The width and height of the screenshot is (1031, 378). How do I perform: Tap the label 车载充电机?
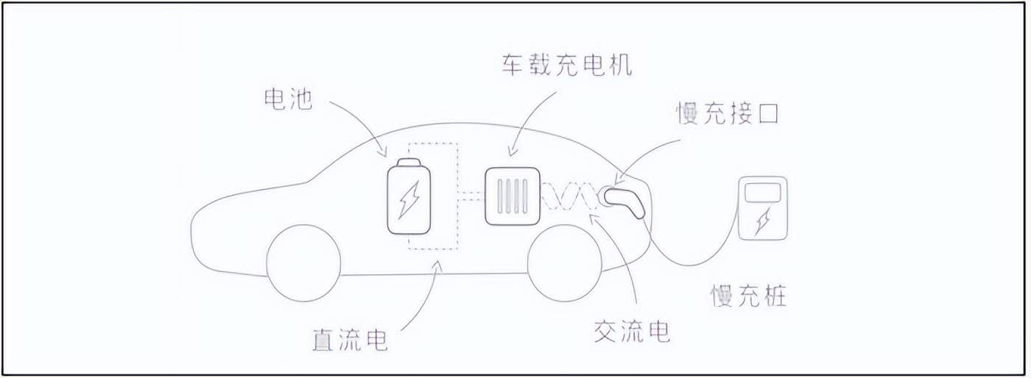567,65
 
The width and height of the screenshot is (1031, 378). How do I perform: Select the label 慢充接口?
728,114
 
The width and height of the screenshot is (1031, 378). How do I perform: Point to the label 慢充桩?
748,296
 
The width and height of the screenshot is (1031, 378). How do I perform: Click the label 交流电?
632,332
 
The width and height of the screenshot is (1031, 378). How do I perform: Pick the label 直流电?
349,340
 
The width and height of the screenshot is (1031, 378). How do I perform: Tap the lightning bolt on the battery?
409,200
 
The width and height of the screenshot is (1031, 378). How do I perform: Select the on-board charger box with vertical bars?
513,195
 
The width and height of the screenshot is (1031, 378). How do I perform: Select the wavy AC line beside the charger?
571,196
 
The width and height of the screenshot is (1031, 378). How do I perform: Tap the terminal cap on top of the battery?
409,163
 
